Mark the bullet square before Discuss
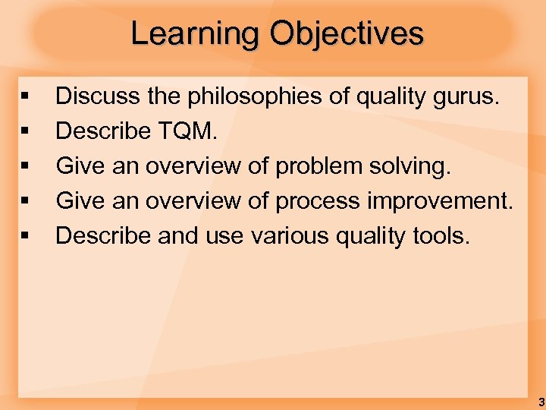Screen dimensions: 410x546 pyautogui.click(x=25, y=97)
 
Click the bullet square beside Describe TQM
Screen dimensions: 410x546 pyautogui.click(x=25, y=132)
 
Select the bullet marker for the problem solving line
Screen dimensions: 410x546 pyautogui.click(x=25, y=167)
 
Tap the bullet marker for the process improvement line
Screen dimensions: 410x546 pyautogui.click(x=25, y=202)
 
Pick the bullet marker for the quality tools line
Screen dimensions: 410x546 pyautogui.click(x=25, y=237)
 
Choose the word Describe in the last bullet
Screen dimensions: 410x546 pyautogui.click(x=104, y=235)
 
